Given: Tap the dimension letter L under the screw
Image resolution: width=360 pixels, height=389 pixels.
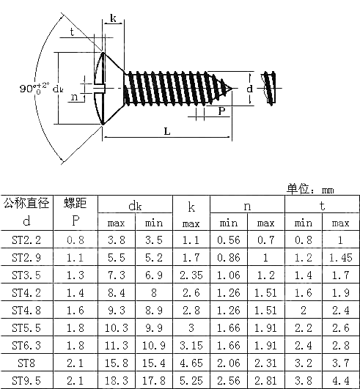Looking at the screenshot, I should tap(167, 131).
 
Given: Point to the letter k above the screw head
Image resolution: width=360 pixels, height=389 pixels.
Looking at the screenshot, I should tap(113, 18).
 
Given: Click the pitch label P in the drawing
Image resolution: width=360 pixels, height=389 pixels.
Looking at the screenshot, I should tap(221, 111).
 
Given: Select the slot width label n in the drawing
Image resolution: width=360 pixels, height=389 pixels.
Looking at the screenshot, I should tap(74, 96).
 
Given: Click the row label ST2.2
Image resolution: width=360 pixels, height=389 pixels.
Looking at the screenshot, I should tap(26, 240).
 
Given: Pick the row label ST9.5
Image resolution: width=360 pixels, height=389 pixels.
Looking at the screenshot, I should tap(26, 379).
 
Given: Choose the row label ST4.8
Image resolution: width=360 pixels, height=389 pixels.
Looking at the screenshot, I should tap(26, 309).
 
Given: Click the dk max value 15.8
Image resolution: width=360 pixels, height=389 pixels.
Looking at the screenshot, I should tap(117, 362).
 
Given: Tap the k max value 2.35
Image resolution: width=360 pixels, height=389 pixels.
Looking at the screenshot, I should tap(190, 275).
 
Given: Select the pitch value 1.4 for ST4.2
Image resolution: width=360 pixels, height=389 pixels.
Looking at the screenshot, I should tap(75, 292).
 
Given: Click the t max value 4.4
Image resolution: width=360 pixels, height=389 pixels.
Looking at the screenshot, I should tap(340, 379).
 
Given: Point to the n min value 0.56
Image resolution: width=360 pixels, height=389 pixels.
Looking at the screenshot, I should tap(229, 240).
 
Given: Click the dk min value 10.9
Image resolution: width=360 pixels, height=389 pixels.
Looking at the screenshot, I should tap(154, 344).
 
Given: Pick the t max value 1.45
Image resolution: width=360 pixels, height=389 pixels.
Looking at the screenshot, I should tap(340, 257).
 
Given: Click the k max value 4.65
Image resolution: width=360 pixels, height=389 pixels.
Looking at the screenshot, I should tap(190, 362).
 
